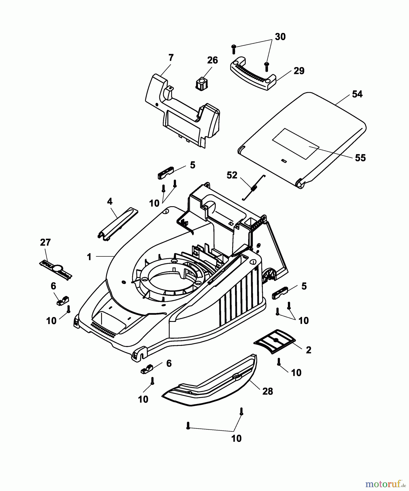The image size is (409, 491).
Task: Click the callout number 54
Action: pos(357,94)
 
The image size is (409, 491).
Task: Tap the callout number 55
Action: pos(360,158)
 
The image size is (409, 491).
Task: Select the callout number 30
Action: pos(280,37)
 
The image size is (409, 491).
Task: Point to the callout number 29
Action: pos(299,71)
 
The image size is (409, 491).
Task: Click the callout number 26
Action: pos(212,60)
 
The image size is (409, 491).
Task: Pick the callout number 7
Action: pos(171,58)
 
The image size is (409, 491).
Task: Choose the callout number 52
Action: pos(232,175)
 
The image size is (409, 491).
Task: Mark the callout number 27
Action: pos(45,242)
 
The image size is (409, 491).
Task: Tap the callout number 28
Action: pos(267,391)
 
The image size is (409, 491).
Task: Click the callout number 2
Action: pos(308,350)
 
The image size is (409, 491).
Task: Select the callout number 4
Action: pos(110,202)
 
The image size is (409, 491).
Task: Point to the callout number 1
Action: pos(89,257)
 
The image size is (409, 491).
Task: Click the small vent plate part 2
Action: pos(275,341)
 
